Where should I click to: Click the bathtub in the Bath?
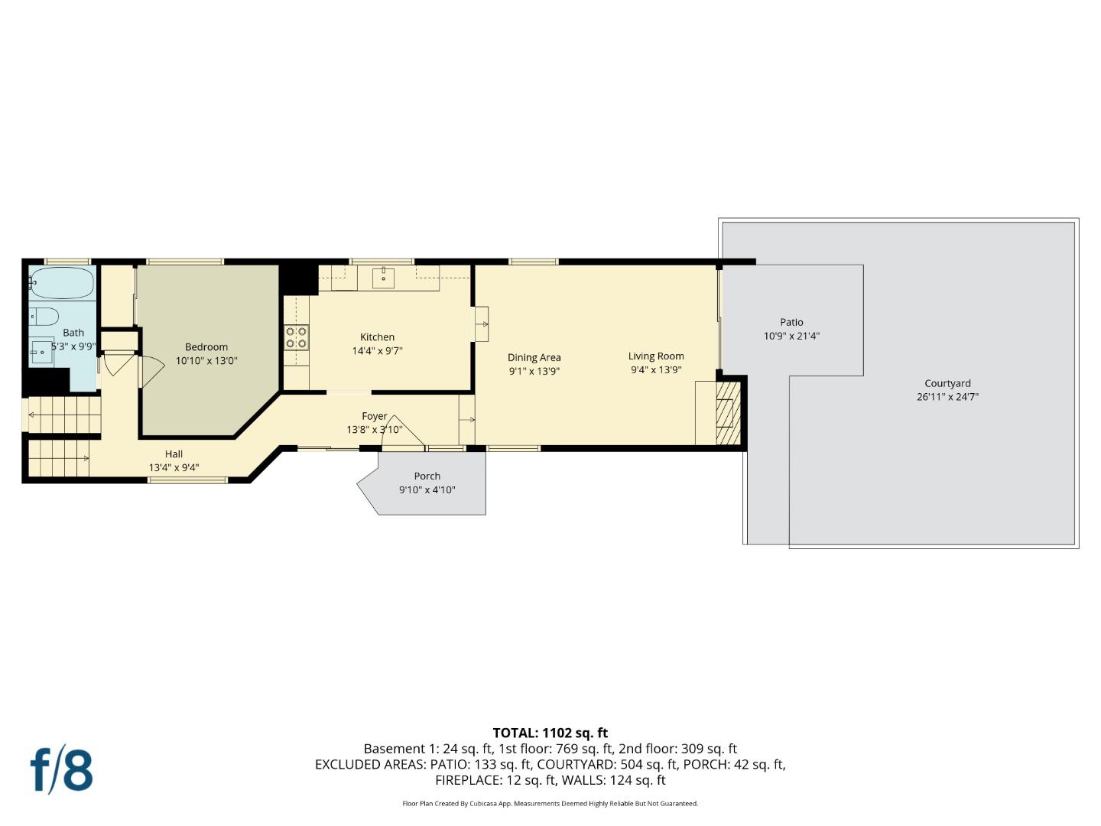(62, 283)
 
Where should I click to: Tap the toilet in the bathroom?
(44, 317)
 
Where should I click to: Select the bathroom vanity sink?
(42, 352)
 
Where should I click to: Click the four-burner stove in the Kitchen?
(296, 337)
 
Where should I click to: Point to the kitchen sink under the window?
(383, 277)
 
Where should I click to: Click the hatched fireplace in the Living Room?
(728, 413)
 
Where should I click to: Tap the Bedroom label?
(206, 346)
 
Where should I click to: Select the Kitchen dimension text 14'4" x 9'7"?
(377, 350)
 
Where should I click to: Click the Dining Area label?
(534, 358)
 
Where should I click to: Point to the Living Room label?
(656, 356)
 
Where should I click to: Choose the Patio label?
(791, 322)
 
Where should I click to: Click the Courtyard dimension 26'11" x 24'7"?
(947, 397)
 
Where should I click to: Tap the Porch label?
(427, 476)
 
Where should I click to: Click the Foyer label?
(374, 416)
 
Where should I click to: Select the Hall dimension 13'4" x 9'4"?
(174, 467)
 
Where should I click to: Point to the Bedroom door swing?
(151, 371)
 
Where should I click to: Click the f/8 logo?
(62, 771)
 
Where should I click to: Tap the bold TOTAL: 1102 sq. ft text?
(550, 733)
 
